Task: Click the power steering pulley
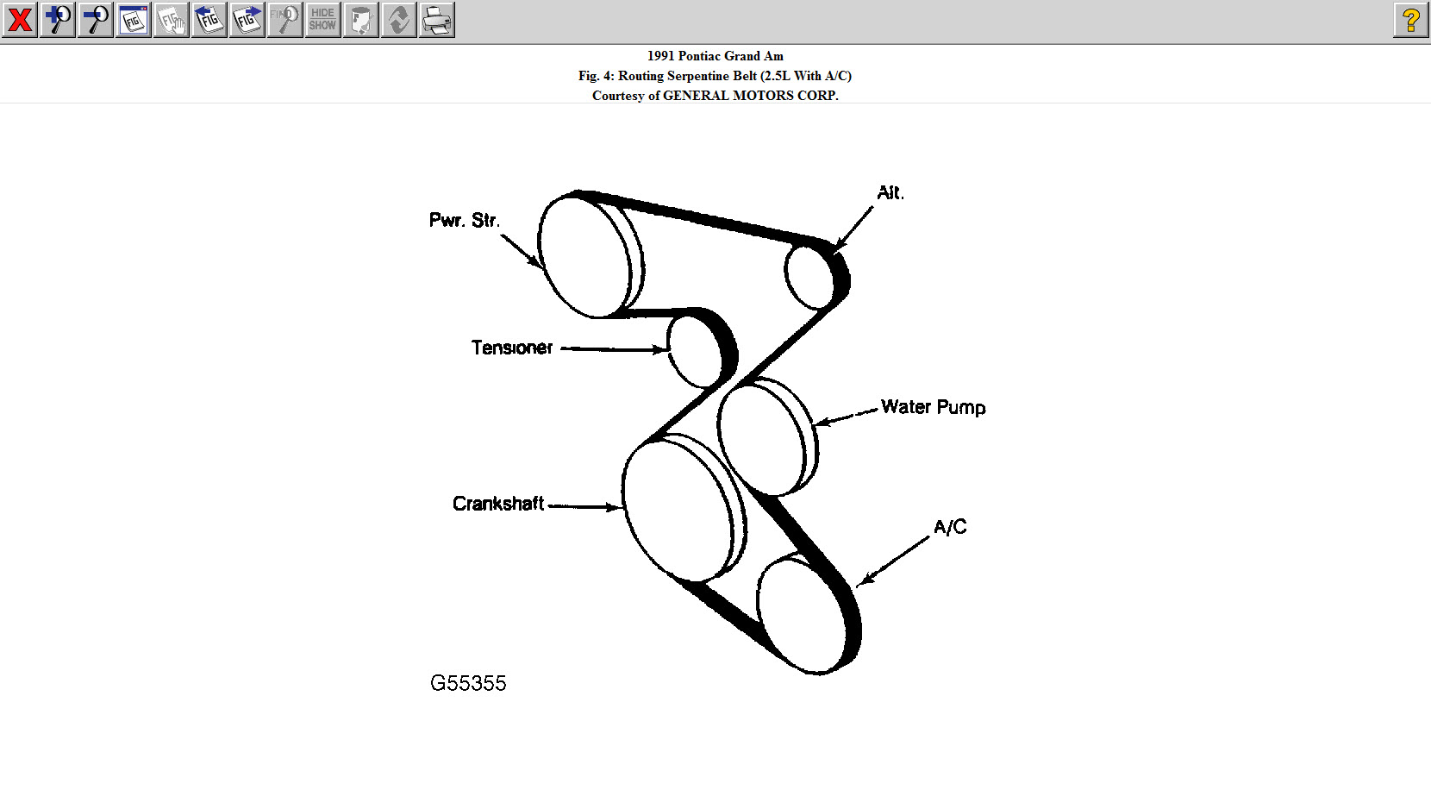point(584,256)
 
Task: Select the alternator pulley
point(809,276)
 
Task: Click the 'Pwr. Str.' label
point(464,221)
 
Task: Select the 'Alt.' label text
point(890,193)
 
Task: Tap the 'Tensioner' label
point(511,348)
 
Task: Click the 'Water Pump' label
point(933,407)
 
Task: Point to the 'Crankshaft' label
point(497,504)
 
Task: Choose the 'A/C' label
point(950,527)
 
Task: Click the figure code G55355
point(468,684)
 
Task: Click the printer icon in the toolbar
point(437,20)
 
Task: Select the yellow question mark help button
point(1410,20)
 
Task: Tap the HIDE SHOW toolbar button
point(322,20)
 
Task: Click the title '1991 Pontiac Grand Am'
point(715,56)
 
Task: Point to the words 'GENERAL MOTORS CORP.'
point(750,96)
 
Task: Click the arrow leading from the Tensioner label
point(614,349)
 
